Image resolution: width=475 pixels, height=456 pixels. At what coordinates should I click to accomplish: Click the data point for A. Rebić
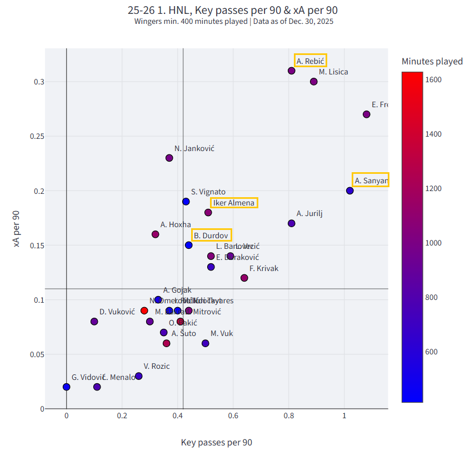292,71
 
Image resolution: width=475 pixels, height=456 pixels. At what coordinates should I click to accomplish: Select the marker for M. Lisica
314,82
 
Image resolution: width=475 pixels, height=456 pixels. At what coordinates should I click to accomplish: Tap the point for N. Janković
169,158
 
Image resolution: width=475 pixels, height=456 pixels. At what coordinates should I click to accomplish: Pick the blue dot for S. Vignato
186,202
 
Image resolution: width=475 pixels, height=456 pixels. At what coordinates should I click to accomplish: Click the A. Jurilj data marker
292,223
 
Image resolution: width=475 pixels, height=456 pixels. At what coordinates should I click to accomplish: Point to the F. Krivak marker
244,278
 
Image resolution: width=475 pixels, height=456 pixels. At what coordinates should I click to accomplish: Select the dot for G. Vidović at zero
67,387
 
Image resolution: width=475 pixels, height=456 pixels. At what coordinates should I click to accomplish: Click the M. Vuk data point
206,343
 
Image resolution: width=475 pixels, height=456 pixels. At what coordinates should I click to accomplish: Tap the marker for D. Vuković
94,322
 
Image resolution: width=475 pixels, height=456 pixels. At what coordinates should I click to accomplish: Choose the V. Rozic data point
139,376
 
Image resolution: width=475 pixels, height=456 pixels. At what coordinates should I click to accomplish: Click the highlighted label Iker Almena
234,203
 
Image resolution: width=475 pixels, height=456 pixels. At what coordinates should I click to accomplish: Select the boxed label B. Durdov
212,235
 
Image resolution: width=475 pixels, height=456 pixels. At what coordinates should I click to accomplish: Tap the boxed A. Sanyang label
371,180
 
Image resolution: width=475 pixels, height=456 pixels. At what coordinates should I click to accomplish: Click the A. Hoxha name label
176,224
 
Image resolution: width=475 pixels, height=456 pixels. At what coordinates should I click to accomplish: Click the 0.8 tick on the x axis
289,415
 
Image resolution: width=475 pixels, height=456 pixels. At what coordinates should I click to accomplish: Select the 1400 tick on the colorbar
434,134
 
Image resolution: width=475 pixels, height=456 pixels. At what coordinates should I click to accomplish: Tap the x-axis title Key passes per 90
217,443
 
